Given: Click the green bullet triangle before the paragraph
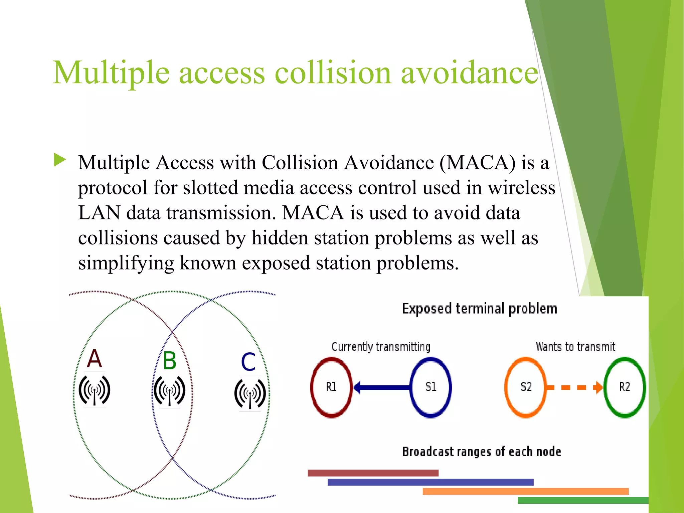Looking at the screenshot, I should coord(60,160).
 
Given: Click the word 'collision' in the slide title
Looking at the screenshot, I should coord(333,72).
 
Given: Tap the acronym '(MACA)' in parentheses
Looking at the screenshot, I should coord(477,163).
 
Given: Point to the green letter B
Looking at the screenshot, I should coord(170,361).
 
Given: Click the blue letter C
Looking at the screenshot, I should coord(248,362).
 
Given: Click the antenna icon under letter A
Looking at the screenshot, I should coord(95,390).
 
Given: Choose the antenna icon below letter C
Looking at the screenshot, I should coord(250,393).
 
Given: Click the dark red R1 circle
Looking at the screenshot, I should coord(331,387).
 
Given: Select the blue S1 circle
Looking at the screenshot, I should coord(431,387).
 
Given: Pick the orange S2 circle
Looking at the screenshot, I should coord(526,387).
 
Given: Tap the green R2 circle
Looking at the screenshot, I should coord(625,387).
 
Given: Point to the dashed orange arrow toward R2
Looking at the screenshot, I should coord(574,387).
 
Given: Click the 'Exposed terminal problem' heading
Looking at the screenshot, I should coord(479,309).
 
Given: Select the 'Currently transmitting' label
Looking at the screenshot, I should coord(381,347).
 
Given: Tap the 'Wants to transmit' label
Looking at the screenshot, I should coord(575,347).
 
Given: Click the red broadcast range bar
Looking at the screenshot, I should coord(373,473).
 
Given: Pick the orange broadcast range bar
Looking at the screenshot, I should coord(525,491).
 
